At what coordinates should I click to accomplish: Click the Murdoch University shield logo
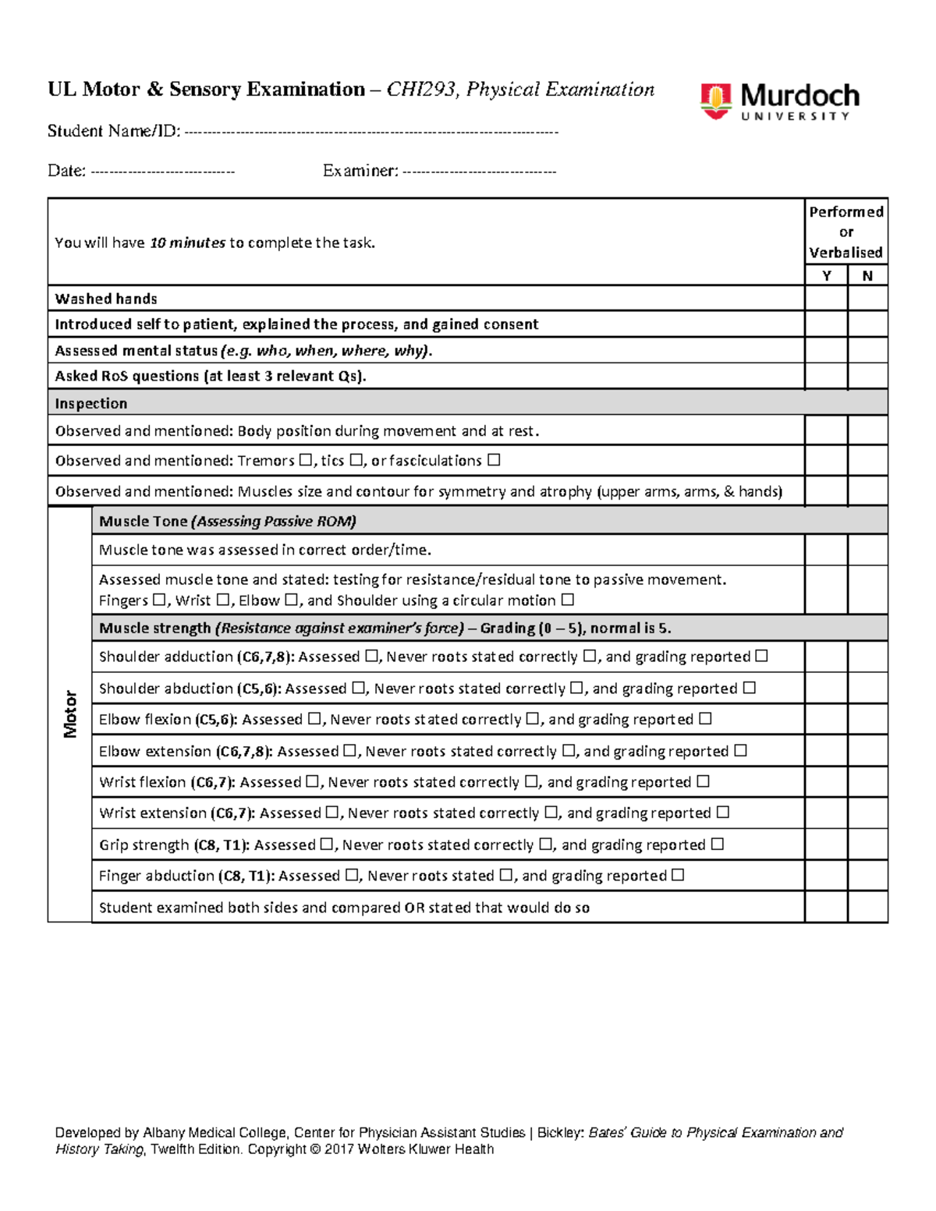point(714,101)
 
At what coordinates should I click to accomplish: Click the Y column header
point(826,275)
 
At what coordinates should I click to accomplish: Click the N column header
point(867,275)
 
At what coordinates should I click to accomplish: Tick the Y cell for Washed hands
point(826,299)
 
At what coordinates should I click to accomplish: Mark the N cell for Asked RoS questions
point(867,376)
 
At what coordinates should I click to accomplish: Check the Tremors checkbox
point(305,460)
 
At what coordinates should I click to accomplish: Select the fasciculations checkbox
point(493,460)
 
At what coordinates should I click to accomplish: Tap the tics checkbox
point(356,460)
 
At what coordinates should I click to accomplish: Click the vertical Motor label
point(70,713)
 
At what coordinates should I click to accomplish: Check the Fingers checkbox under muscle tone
point(159,600)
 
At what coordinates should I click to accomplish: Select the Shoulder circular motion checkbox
point(567,600)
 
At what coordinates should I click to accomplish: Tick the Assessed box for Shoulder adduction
point(371,657)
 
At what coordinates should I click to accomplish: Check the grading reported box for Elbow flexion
point(704,719)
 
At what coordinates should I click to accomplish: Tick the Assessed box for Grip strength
point(327,845)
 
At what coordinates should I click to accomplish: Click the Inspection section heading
point(90,403)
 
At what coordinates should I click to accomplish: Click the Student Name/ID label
point(114,131)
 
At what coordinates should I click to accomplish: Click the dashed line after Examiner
point(479,171)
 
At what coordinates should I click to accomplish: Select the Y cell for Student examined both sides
point(826,907)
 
